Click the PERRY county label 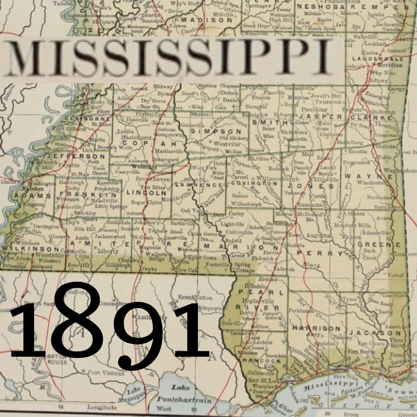tap(322, 253)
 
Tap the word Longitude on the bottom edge tap(102, 407)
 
